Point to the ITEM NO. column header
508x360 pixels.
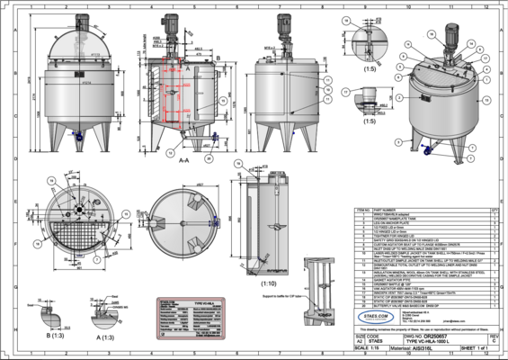363,208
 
